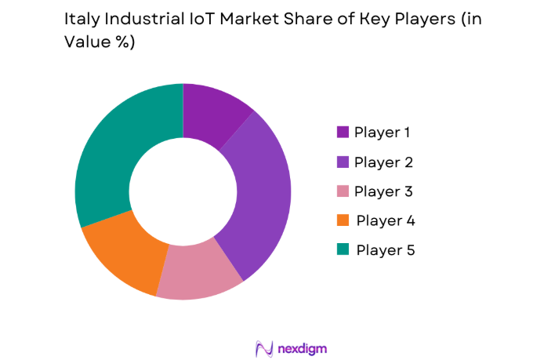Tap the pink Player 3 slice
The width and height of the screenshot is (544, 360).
coord(200,271)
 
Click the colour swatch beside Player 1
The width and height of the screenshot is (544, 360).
coord(343,132)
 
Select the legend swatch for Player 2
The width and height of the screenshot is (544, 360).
coord(343,162)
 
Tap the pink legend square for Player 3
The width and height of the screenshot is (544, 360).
coord(343,191)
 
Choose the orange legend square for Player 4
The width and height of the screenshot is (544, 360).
coord(343,221)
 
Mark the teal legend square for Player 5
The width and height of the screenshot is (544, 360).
coord(343,250)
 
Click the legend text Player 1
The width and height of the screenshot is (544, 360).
coord(383,132)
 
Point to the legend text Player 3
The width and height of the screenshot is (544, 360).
coord(383,191)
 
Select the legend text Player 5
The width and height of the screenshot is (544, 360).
coord(384,250)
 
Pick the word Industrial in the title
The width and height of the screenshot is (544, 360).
coord(132,21)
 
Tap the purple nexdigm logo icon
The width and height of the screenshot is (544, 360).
coord(263,347)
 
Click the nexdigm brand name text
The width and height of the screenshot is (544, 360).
coord(302,347)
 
